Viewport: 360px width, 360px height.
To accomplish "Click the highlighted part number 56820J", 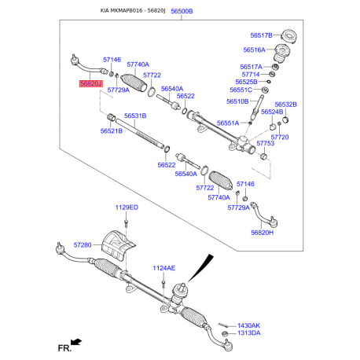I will [89, 83].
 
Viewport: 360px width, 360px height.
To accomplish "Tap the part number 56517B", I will [259, 36].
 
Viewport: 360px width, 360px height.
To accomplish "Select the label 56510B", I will [239, 101].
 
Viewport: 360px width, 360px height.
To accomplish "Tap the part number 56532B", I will [285, 104].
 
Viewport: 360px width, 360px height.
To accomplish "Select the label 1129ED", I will [126, 208].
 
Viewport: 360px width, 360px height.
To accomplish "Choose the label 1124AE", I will [163, 268].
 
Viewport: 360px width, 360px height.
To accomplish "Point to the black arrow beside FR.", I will [76, 342].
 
